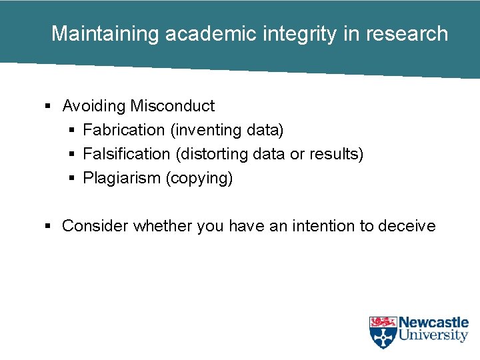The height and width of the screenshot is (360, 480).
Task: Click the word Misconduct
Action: (173, 106)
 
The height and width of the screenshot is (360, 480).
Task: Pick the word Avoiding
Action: (94, 106)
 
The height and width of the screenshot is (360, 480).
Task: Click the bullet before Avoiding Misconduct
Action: (48, 106)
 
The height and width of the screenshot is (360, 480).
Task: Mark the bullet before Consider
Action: (48, 226)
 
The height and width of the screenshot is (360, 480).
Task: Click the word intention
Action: (322, 226)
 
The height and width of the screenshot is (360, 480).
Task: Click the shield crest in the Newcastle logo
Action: (383, 332)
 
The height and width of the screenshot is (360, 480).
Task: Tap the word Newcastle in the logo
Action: (433, 323)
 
